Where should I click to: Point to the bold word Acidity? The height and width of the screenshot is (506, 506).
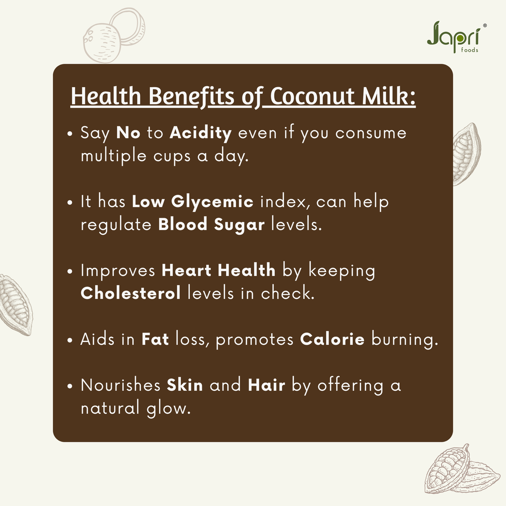pyautogui.click(x=201, y=133)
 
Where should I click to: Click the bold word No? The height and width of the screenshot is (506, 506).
pyautogui.click(x=128, y=133)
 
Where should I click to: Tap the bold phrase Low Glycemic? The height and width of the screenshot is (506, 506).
pyautogui.click(x=193, y=202)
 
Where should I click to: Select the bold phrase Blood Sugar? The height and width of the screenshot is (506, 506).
pyautogui.click(x=211, y=224)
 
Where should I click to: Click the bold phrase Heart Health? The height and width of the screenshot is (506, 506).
pyautogui.click(x=218, y=270)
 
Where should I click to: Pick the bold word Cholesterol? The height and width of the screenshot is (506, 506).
pyautogui.click(x=130, y=293)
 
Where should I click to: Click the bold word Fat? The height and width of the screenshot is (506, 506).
pyautogui.click(x=155, y=339)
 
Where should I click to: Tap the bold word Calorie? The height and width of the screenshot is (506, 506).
pyautogui.click(x=332, y=339)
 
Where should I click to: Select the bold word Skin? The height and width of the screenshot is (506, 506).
pyautogui.click(x=185, y=385)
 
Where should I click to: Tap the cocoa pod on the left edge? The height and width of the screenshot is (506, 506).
pyautogui.click(x=15, y=305)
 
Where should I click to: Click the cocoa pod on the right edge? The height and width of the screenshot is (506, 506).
pyautogui.click(x=466, y=154)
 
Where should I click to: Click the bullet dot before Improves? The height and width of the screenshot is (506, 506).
pyautogui.click(x=70, y=271)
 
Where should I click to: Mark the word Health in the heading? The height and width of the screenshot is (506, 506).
pyautogui.click(x=106, y=97)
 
